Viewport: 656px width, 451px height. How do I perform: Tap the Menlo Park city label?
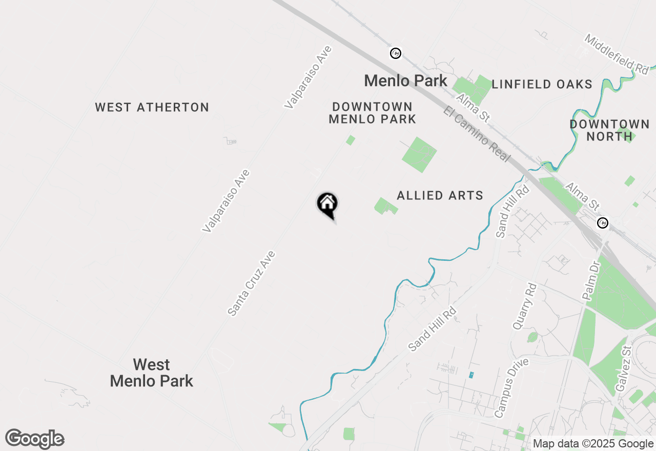pyautogui.click(x=405, y=80)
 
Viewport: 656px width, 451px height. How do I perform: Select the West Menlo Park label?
pyautogui.click(x=152, y=373)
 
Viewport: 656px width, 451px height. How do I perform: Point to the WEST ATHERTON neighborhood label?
pyautogui.click(x=152, y=108)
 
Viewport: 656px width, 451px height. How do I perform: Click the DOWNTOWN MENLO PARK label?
pyautogui.click(x=372, y=113)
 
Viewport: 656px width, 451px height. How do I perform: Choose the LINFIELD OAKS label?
pyautogui.click(x=542, y=85)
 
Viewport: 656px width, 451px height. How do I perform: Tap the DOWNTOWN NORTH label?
pyautogui.click(x=609, y=130)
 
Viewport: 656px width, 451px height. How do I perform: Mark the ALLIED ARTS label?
pyautogui.click(x=440, y=195)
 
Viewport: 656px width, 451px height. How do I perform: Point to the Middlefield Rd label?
pyautogui.click(x=617, y=53)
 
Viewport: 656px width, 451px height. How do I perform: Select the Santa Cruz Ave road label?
pyautogui.click(x=252, y=283)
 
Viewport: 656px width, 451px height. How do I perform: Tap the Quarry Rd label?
pyautogui.click(x=524, y=306)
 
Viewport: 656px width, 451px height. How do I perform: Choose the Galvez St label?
pyautogui.click(x=623, y=368)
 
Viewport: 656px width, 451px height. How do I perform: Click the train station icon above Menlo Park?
pyautogui.click(x=395, y=53)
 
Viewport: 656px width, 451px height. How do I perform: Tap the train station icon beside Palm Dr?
pyautogui.click(x=603, y=223)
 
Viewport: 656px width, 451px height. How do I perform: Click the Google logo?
pyautogui.click(x=35, y=439)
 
